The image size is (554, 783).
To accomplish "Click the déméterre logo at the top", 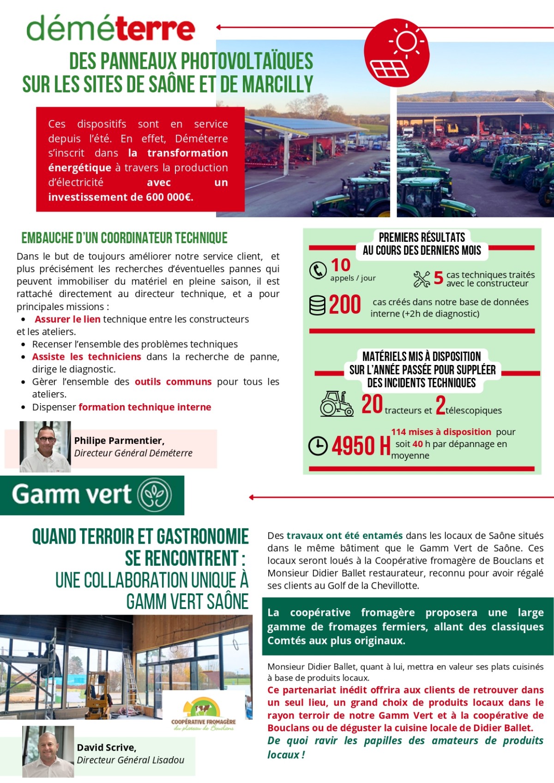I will pyautogui.click(x=111, y=29).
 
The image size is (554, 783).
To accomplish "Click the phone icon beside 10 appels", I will pyautogui.click(x=318, y=270).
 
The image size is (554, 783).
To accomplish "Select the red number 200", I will pyautogui.click(x=345, y=305).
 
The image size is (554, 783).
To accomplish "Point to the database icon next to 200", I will pyautogui.click(x=317, y=305).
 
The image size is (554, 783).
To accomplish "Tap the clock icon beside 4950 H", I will pyautogui.click(x=318, y=446).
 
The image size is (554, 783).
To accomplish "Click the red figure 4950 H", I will pyautogui.click(x=361, y=446).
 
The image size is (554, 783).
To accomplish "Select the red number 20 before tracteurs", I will pyautogui.click(x=372, y=404).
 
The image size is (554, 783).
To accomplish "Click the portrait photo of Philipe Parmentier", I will pyautogui.click(x=45, y=446).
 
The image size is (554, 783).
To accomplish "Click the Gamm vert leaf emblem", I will pyautogui.click(x=156, y=495).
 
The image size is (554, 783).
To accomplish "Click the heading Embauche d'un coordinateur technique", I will pyautogui.click(x=124, y=238).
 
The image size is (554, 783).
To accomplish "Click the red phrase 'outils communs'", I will pyautogui.click(x=173, y=382).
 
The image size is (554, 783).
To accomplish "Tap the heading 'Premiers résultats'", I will pyautogui.click(x=422, y=237).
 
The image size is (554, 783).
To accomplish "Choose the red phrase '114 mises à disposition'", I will pyautogui.click(x=441, y=432).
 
